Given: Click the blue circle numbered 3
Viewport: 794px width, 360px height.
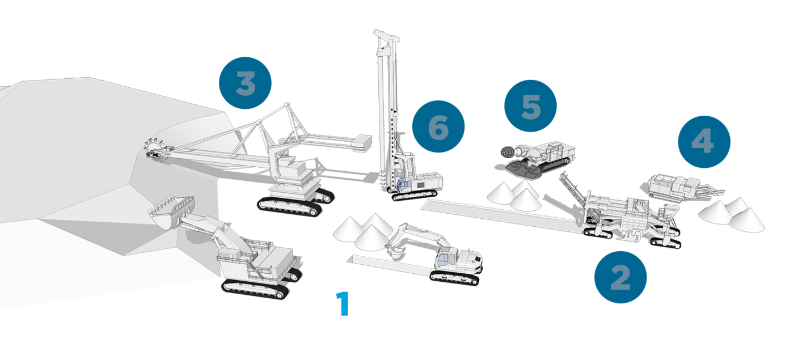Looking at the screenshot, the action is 245,83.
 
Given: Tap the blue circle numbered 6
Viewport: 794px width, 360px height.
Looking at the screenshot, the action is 438,126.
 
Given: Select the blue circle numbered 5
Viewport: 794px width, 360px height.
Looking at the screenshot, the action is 531,105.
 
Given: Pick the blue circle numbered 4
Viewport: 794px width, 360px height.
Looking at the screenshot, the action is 704,142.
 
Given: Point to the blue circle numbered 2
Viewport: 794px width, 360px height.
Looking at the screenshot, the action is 620,277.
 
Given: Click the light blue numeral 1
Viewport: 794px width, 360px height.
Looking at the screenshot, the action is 343,303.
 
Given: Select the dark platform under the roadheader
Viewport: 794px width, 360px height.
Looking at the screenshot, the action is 528,170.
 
